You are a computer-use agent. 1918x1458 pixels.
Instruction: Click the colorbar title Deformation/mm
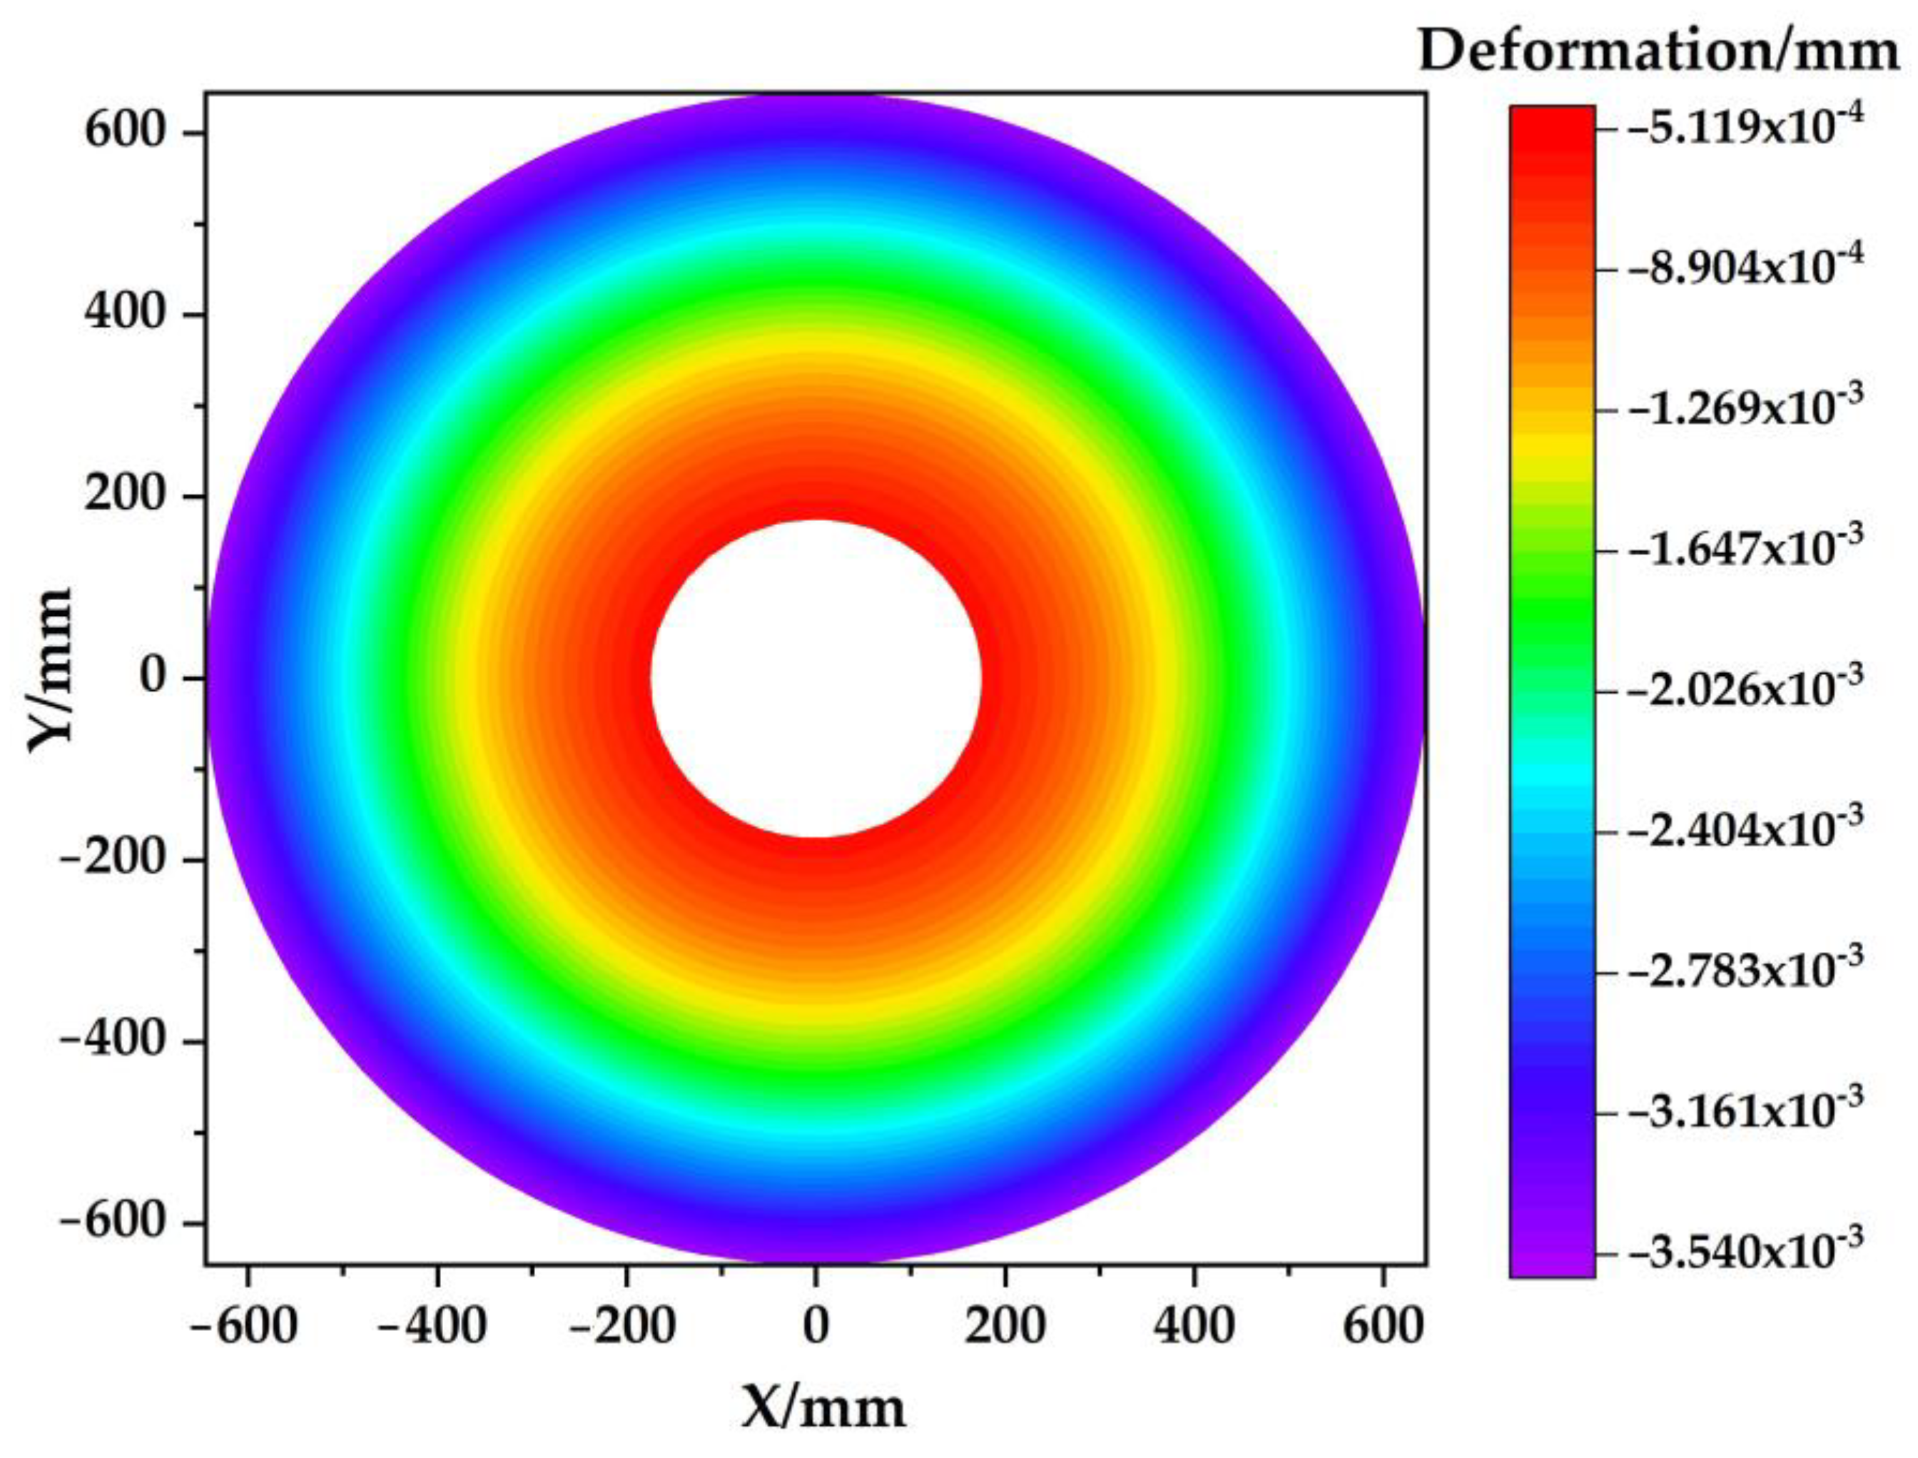[x=1658, y=52]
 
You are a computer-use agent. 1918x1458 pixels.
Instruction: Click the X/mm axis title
[x=823, y=1407]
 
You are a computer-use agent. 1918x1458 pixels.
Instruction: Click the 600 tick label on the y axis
[x=125, y=132]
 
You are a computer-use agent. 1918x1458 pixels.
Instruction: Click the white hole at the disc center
[x=816, y=678]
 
